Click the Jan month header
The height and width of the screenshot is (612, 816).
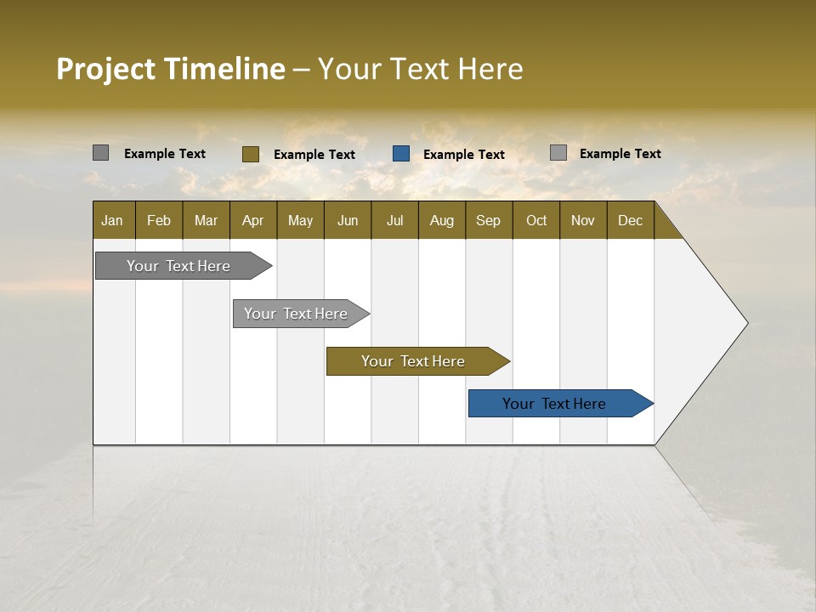tap(112, 220)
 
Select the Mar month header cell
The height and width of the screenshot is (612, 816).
tap(206, 220)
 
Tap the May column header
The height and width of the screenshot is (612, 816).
tap(300, 220)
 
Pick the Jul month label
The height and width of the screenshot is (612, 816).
tap(394, 220)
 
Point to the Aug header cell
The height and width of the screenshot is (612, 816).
tap(441, 220)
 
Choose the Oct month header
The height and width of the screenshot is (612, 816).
tap(536, 220)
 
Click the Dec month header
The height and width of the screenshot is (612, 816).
tap(630, 220)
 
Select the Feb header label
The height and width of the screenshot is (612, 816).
tap(159, 220)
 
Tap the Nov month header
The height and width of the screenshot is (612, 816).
tap(582, 220)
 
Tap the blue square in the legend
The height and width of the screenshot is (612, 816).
tap(401, 154)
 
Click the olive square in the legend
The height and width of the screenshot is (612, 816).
tap(251, 154)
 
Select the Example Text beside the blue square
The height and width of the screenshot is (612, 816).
tap(463, 155)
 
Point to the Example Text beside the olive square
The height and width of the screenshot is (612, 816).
tap(314, 155)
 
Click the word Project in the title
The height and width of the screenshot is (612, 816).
tap(105, 69)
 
